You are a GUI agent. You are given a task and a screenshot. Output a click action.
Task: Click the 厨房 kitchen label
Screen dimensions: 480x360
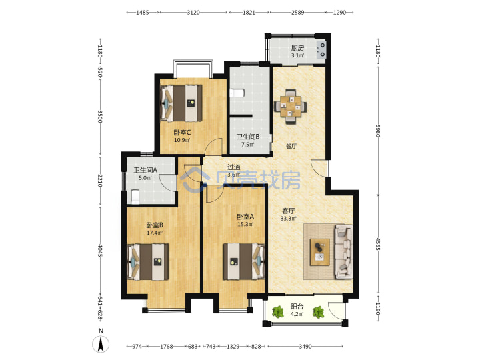(297, 48)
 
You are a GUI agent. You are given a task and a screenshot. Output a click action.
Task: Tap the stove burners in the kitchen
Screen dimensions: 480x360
(321, 50)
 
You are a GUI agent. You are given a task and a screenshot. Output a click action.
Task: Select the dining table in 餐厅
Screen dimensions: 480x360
(291, 106)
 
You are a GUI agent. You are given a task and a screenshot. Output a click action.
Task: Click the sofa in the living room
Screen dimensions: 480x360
(344, 252)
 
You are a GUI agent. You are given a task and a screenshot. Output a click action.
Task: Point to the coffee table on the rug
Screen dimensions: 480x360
(320, 252)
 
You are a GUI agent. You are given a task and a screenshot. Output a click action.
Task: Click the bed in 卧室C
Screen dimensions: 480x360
(181, 103)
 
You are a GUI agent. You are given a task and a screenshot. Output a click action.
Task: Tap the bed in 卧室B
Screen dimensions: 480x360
(148, 262)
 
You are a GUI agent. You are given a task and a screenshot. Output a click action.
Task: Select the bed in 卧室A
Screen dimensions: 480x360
(244, 261)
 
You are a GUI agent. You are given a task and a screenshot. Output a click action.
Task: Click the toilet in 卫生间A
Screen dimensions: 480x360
(135, 197)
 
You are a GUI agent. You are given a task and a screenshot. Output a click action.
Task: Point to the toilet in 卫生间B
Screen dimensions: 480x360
(237, 93)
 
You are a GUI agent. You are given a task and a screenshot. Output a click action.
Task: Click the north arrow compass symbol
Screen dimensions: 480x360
(101, 343)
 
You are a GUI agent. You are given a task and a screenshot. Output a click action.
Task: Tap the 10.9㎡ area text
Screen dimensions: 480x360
(182, 140)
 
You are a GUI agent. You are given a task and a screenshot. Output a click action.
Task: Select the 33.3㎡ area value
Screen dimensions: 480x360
(288, 219)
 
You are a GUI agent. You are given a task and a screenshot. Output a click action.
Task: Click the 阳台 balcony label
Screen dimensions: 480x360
(297, 307)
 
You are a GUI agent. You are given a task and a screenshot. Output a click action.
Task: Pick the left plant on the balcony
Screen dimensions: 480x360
(277, 312)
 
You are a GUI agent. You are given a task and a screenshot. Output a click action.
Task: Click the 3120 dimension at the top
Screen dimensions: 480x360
(193, 13)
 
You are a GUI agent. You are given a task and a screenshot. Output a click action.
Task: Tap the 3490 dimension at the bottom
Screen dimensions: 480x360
(305, 347)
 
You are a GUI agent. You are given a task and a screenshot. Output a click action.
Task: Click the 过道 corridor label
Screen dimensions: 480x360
(233, 167)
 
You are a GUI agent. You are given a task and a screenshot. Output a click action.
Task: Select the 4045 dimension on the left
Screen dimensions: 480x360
(100, 251)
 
